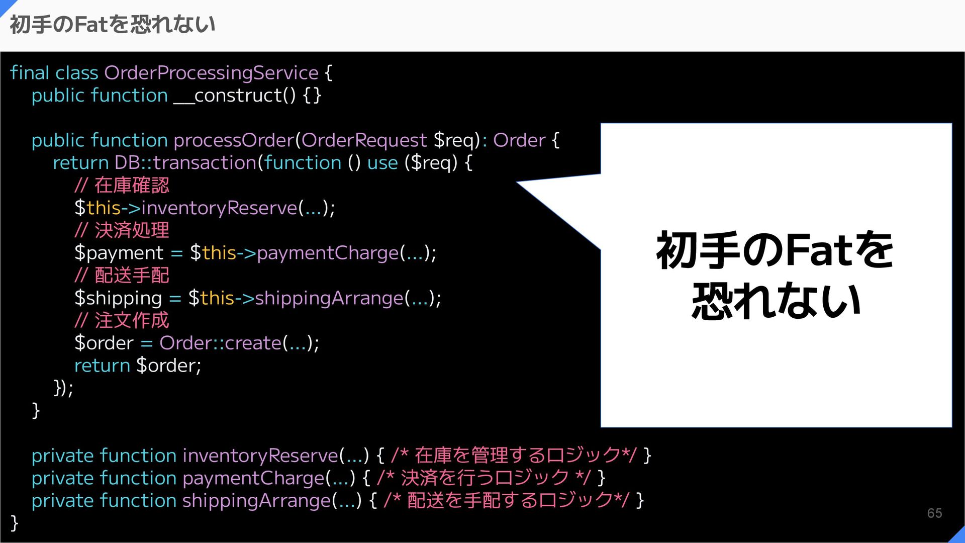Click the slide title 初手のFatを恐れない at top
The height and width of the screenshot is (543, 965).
(x=113, y=24)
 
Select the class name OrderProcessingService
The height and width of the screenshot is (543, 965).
(x=211, y=73)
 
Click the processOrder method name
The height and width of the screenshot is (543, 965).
(x=234, y=140)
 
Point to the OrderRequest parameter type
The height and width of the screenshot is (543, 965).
(x=364, y=140)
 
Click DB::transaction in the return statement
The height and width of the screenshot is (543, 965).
(x=185, y=163)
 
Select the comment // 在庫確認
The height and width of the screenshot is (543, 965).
(x=122, y=186)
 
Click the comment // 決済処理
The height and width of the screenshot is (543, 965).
(x=122, y=230)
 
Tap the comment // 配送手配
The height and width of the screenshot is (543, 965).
(x=122, y=276)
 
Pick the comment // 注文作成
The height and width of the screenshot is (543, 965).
(x=122, y=320)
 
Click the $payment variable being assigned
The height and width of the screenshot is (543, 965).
(x=119, y=253)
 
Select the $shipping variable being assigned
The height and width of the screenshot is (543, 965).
(x=118, y=298)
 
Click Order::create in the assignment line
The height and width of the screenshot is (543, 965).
(x=221, y=343)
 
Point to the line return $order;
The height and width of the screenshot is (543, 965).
(x=137, y=366)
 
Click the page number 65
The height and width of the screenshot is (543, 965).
(x=934, y=513)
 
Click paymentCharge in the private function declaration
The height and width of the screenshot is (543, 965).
(x=253, y=478)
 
